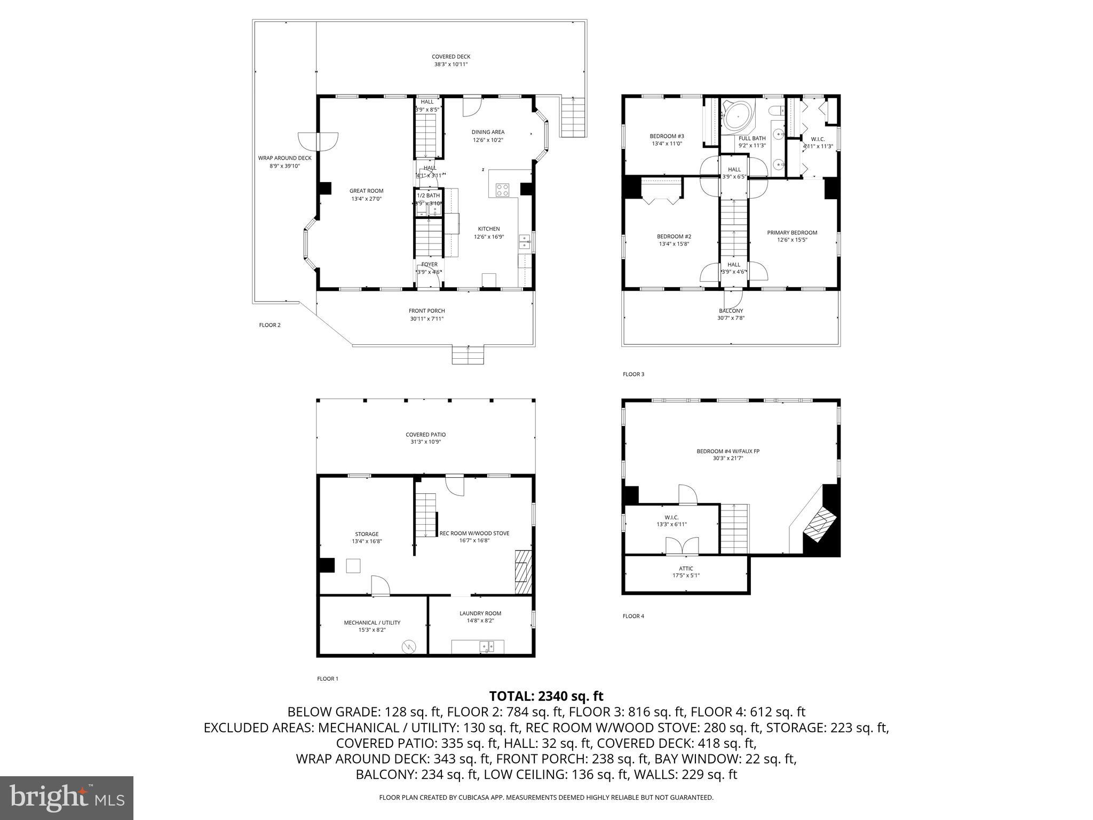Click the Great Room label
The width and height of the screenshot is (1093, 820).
tap(366, 191)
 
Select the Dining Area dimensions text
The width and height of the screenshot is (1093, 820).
tap(488, 140)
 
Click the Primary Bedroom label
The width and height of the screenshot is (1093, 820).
tap(792, 233)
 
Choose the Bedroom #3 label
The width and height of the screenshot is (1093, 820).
tap(667, 136)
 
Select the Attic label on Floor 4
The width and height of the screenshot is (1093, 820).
tap(686, 569)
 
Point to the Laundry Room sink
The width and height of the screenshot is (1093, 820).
tap(487, 647)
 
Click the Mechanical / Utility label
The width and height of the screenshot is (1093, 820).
tap(372, 622)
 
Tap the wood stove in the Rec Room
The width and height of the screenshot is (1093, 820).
tap(523, 572)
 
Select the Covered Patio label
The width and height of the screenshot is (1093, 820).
tap(425, 435)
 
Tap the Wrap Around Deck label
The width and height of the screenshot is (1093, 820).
tap(284, 158)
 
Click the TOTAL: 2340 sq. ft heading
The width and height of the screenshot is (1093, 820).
tap(546, 696)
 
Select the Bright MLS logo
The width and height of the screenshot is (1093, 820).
tap(67, 798)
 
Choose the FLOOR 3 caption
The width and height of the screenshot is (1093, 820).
tap(633, 374)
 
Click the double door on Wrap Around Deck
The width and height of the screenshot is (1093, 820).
tap(318, 142)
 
